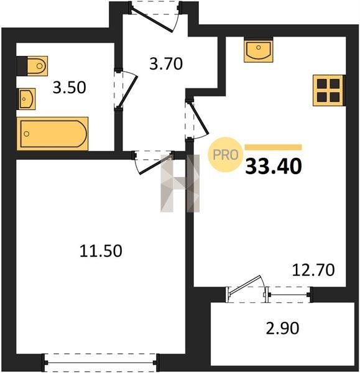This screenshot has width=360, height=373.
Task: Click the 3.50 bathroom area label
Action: click(69, 88)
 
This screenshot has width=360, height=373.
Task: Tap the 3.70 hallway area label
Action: click(166, 64)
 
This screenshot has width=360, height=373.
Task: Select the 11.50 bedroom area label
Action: click(101, 251)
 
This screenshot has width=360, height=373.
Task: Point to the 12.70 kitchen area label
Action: click(313, 270)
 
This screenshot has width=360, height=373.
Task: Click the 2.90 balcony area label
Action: click(282, 328)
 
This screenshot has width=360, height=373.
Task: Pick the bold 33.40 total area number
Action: click(274, 166)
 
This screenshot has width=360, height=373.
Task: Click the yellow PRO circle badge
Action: click(225, 155)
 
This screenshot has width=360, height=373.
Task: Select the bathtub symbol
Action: click(52, 134)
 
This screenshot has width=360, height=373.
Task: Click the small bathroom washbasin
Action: click(27, 99)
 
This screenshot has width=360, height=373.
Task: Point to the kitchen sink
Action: click(259, 50)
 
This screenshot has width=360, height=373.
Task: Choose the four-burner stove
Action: click(328, 90)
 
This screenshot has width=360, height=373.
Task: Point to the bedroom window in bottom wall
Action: click(100, 363)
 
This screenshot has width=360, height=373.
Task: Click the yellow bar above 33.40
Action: click(274, 147)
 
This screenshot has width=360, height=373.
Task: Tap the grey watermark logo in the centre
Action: click(180, 183)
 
